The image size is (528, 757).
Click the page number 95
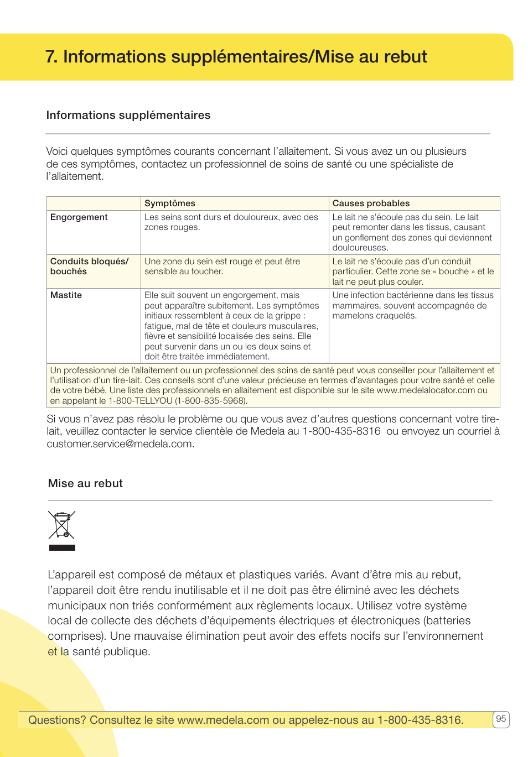500,719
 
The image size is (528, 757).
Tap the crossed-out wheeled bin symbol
61,525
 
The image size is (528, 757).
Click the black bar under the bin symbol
62,547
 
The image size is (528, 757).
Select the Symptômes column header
170,203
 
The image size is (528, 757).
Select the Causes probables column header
371,203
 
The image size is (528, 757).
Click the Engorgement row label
79,217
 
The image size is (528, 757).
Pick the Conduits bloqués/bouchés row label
89,267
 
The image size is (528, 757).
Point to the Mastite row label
66,295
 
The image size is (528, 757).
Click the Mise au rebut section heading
85,483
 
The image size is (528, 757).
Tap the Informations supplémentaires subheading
128,115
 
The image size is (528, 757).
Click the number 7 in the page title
50,57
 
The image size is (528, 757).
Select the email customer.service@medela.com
120,444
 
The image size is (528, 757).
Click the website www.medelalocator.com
426,390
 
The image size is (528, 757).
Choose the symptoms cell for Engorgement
231,222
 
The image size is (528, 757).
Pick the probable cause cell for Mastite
412,305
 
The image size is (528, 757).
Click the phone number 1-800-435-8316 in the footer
420,720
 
